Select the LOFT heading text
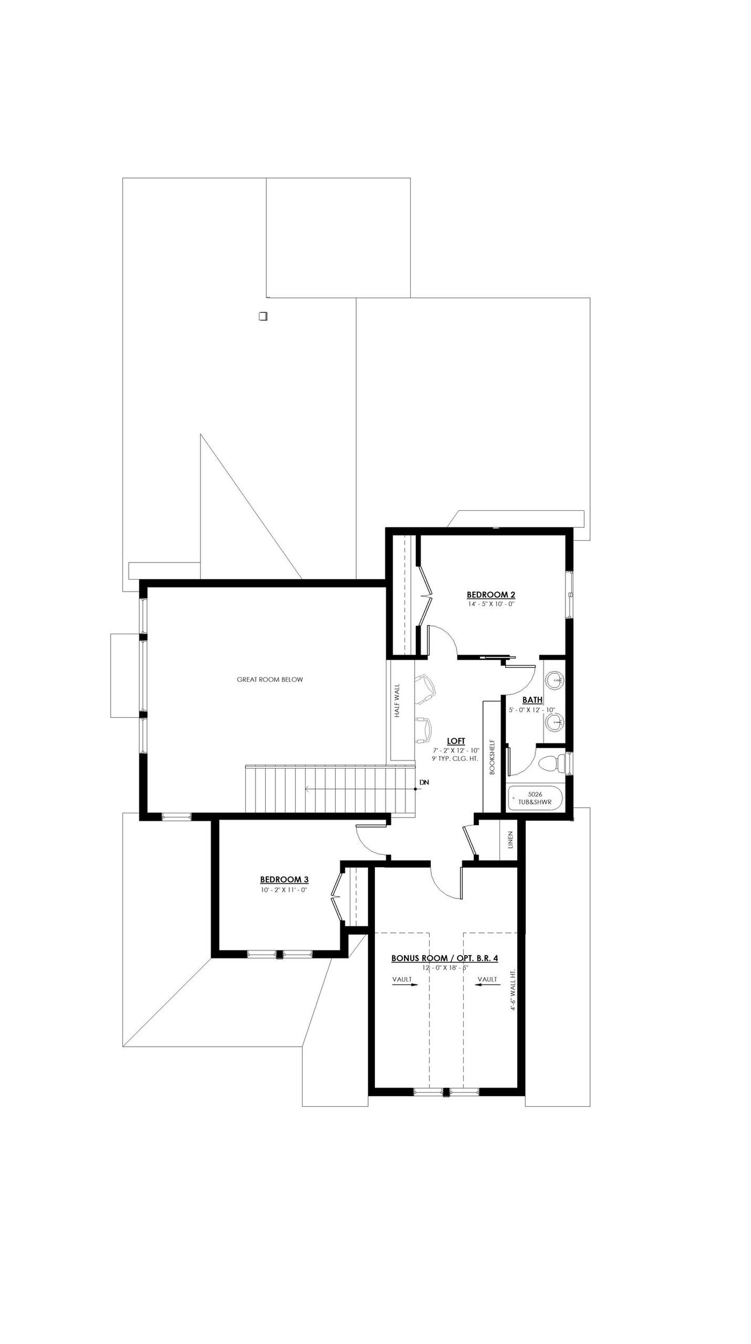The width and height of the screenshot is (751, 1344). tap(456, 741)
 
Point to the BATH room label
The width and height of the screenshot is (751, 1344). tap(532, 700)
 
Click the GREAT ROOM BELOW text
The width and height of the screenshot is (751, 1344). tap(270, 679)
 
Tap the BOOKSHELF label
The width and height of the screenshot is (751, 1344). tap(492, 756)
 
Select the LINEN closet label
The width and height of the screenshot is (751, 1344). tap(510, 840)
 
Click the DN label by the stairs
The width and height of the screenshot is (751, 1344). tap(424, 783)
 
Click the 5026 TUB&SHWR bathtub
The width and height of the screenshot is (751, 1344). tap(534, 798)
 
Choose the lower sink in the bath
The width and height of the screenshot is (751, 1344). tap(554, 722)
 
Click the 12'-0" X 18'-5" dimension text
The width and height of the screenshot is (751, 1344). tap(444, 967)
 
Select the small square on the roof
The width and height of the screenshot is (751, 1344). tap(263, 316)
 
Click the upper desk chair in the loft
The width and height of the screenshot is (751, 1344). tap(425, 685)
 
